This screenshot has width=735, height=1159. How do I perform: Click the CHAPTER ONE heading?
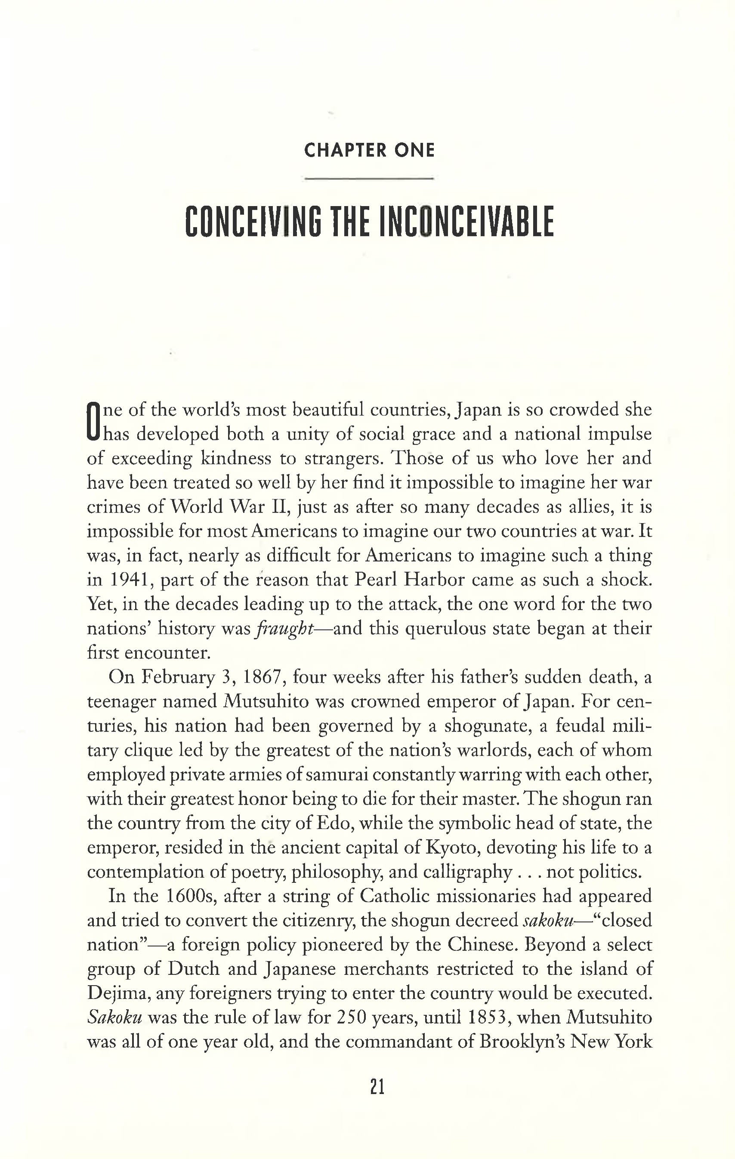(369, 151)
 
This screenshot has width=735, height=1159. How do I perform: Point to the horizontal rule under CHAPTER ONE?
(369, 179)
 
